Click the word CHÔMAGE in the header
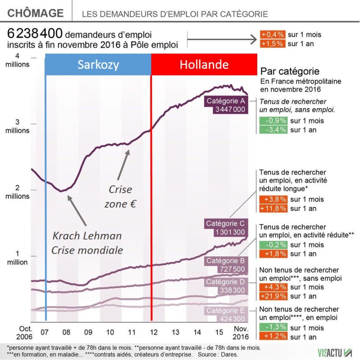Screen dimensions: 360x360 click(35, 13)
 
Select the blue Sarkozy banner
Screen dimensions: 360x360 click(98, 65)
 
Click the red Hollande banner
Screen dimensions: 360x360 click(204, 65)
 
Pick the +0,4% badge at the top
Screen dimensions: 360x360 click(272, 35)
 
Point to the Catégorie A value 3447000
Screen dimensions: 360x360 click(231, 109)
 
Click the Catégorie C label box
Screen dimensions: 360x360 click(226, 228)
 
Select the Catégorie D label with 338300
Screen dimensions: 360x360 click(226, 286)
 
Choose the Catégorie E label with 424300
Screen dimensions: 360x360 click(226, 315)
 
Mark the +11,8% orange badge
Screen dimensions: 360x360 click(273, 208)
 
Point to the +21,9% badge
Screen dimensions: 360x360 click(273, 296)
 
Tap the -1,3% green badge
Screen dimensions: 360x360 click(273, 328)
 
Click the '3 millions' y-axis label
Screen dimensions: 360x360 click(17, 126)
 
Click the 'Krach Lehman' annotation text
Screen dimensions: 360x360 click(87, 236)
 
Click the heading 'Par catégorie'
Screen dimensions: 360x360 click(290, 72)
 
